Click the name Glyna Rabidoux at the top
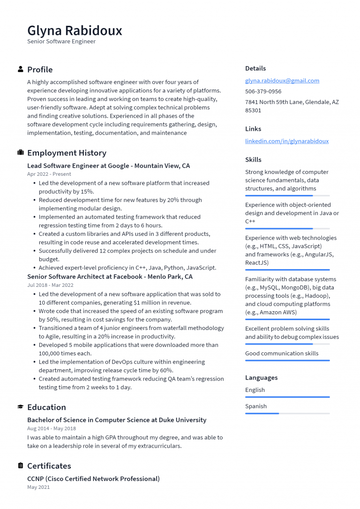coord(75,30)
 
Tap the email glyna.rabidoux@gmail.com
coord(282,81)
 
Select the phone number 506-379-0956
coord(263,91)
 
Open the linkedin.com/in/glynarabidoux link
coord(286,141)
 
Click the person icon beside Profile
coord(21,69)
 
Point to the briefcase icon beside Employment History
coord(21,153)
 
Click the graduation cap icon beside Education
coord(21,407)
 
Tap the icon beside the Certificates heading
coord(21,466)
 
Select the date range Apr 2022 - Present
coord(49,174)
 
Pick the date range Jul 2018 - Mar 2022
coord(50,285)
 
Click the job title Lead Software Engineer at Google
coord(108,166)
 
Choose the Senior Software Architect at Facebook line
coord(110,277)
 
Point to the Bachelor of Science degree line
coord(117,420)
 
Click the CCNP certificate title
coord(93,479)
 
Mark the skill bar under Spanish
coord(287,413)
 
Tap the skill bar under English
coord(287,397)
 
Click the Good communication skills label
coord(281,353)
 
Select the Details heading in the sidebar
coord(255,68)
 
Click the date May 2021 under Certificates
coord(38,487)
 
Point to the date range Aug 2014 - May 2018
coord(51,428)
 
